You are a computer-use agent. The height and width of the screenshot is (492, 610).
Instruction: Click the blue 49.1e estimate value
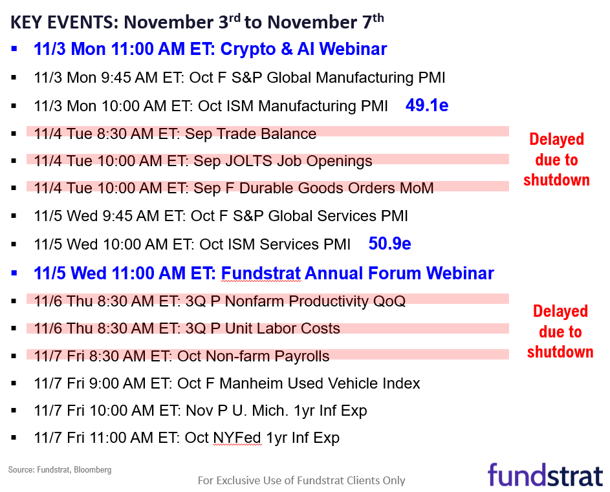tap(427, 105)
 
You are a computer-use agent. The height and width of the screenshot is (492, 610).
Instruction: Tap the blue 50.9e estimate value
tap(389, 244)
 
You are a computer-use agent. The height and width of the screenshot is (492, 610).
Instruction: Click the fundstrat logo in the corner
tap(545, 475)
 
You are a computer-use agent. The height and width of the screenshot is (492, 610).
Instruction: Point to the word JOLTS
tap(248, 161)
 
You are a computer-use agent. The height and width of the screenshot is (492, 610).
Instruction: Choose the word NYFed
tap(237, 438)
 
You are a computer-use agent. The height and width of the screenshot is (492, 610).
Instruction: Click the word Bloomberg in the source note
tap(93, 470)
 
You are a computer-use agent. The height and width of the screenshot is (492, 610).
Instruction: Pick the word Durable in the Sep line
tap(266, 188)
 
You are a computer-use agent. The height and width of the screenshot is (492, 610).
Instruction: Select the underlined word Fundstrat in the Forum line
tap(261, 273)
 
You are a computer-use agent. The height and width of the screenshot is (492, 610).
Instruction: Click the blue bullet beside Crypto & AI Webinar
tap(14, 49)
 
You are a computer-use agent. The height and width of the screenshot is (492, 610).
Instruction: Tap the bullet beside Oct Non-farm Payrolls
tap(14, 356)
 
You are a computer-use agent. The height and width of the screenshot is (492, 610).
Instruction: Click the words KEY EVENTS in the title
tap(64, 23)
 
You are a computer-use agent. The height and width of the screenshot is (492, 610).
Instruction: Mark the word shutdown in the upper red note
tap(556, 180)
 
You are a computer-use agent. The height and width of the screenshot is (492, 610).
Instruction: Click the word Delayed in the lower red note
tap(560, 311)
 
